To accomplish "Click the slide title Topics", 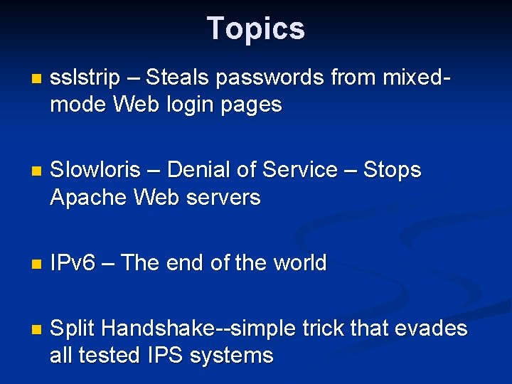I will pos(256,29).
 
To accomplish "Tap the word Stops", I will pos(392,170).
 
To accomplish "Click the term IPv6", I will pos(73,263).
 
